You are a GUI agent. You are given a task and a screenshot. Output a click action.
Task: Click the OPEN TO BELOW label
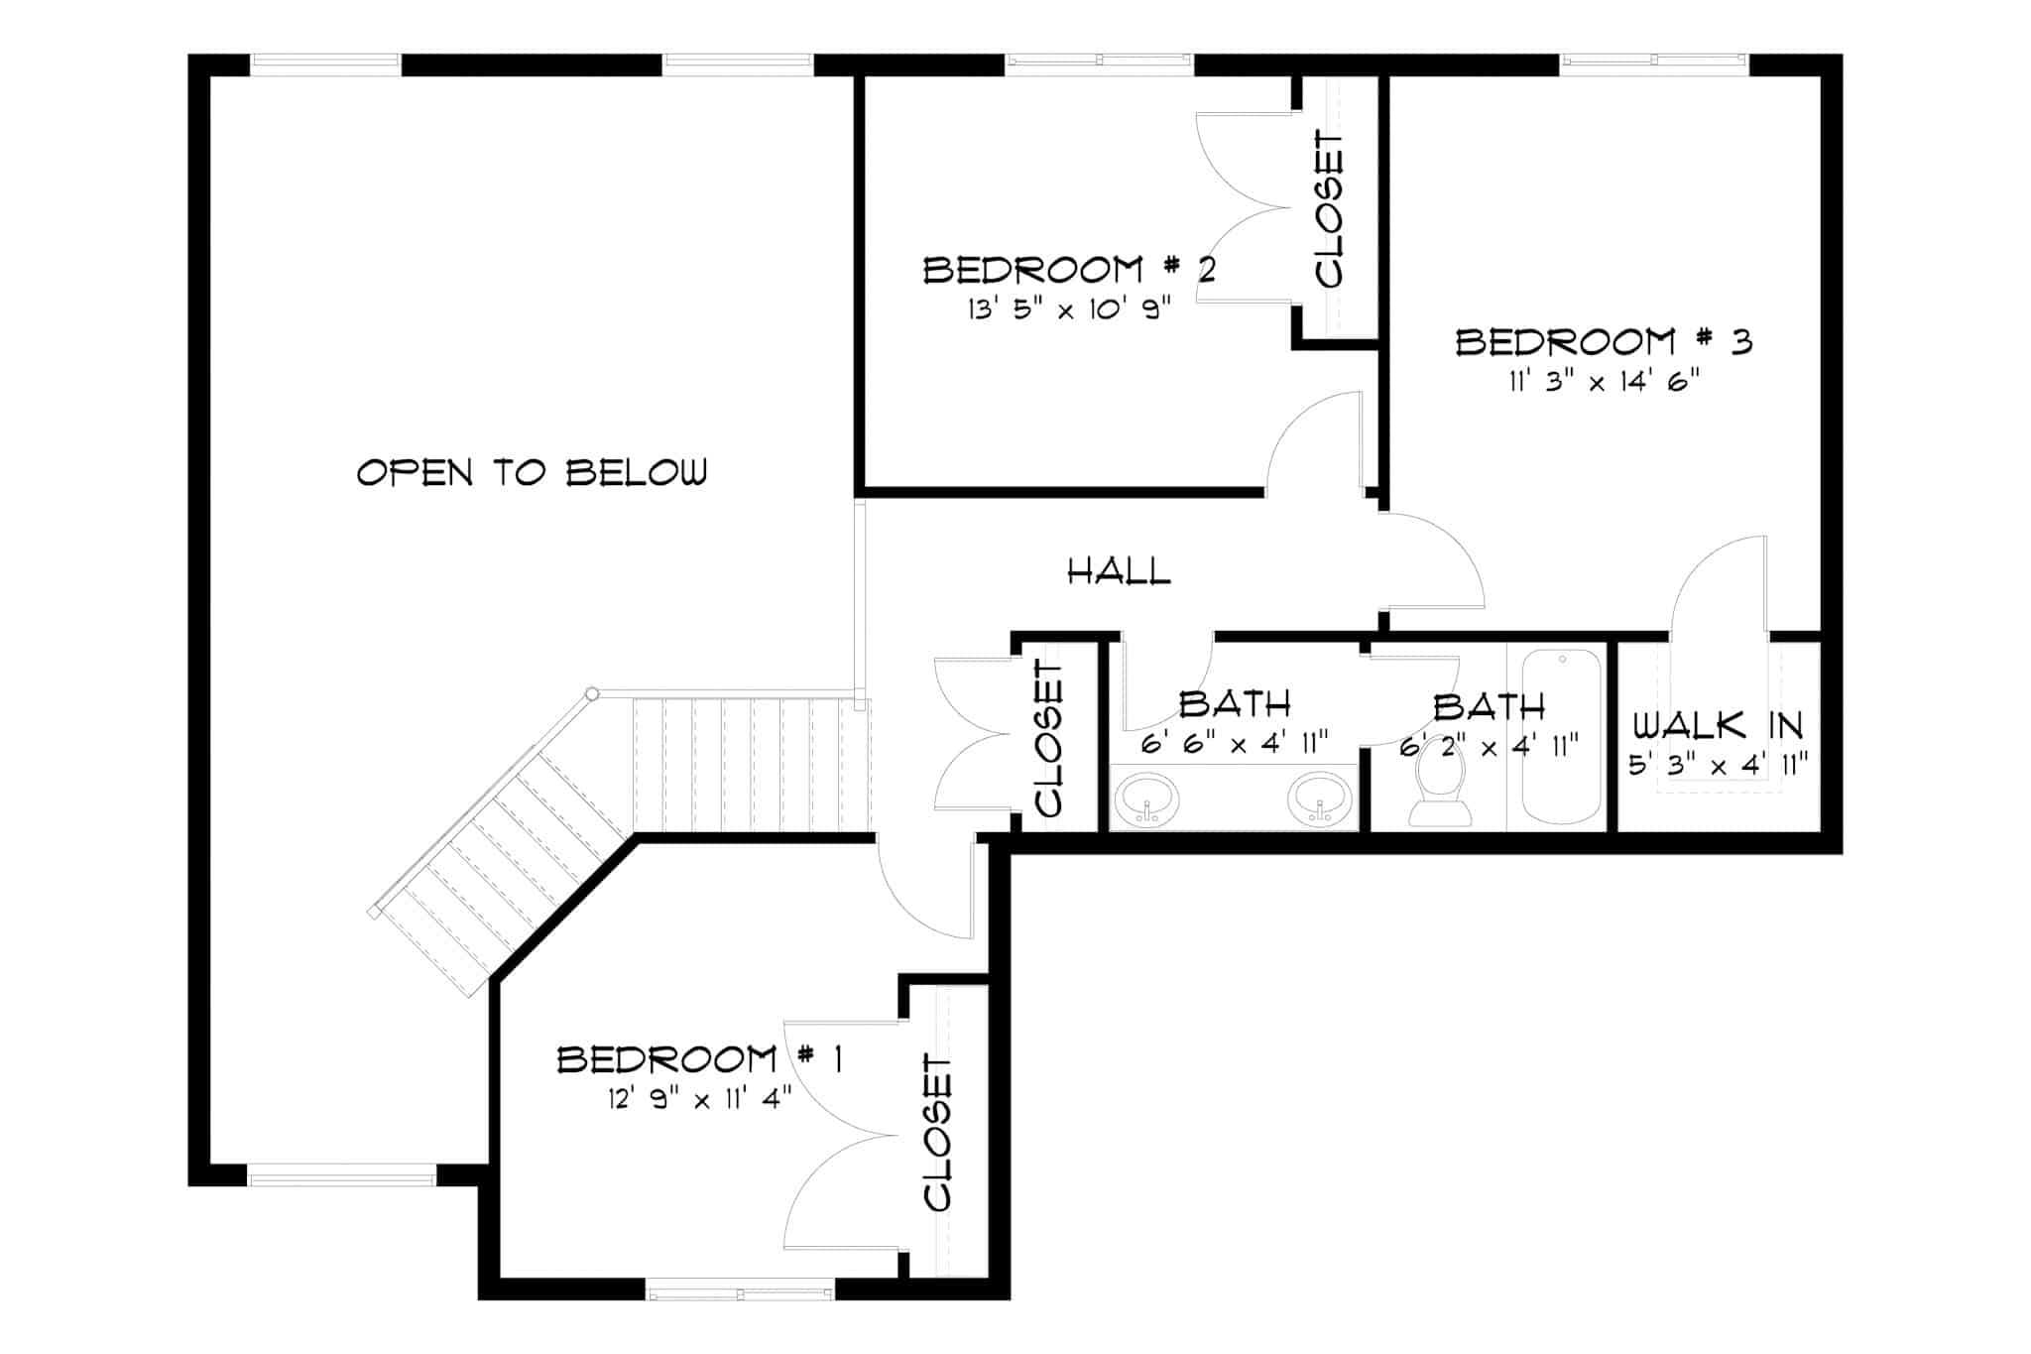[533, 472]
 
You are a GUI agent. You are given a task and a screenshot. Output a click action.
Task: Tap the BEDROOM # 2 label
[1069, 270]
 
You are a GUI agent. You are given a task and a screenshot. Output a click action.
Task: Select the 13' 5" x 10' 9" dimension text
[1069, 309]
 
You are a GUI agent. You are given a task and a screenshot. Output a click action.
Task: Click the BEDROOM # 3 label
[1604, 342]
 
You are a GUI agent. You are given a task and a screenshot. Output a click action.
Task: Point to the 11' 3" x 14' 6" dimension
[1604, 382]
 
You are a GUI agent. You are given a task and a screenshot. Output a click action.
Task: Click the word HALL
[1119, 571]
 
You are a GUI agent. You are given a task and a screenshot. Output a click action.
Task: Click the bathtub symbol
[1561, 736]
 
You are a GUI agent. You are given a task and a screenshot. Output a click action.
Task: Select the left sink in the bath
[1147, 799]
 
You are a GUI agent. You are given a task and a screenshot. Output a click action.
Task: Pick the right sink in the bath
[1320, 799]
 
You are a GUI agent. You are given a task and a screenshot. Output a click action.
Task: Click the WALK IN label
[1718, 726]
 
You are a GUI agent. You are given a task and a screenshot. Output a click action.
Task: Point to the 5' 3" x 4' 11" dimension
[1719, 765]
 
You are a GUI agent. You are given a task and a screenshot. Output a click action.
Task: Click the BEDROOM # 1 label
[699, 1060]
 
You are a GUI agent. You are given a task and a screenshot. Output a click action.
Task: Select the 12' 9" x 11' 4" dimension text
[700, 1099]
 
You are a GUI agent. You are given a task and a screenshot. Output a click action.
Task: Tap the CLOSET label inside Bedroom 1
[938, 1132]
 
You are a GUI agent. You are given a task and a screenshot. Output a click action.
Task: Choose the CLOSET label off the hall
[1048, 738]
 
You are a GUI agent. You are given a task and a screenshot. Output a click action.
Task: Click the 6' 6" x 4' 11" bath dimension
[1234, 744]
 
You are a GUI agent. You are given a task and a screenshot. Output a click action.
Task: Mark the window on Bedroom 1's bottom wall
[740, 1293]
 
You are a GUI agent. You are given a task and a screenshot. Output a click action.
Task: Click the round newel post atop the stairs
[592, 693]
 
